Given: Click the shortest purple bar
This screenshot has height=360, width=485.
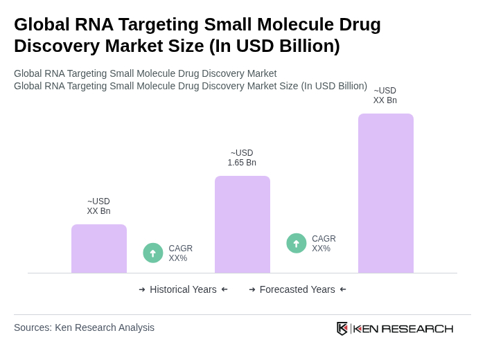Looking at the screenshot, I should [99, 249].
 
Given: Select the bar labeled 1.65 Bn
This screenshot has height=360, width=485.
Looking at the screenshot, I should [242, 224].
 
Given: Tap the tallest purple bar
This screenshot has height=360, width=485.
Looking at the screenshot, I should [386, 193].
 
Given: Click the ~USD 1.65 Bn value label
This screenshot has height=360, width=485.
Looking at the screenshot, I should [242, 158].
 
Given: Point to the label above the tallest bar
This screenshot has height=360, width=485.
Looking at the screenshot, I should [385, 96].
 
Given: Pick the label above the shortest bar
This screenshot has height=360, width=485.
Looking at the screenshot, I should [98, 206].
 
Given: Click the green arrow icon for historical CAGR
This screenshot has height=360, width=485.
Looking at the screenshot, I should [153, 253].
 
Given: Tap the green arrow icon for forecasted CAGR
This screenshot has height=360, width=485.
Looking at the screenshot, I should [297, 243].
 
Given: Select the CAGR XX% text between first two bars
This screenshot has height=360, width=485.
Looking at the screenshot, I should [181, 253].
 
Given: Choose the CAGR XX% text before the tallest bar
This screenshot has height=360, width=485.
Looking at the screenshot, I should [324, 244].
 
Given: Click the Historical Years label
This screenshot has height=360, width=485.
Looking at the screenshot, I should [183, 289].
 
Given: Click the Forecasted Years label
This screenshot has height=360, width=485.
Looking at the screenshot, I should [297, 289].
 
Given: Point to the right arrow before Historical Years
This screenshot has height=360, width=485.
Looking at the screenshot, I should [142, 289].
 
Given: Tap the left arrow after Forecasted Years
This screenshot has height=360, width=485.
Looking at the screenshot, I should [343, 289].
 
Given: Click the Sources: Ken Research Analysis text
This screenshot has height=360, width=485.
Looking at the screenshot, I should [84, 327].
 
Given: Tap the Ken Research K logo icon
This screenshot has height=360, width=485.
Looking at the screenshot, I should [342, 328].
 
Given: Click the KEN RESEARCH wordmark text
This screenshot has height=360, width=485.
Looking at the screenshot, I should [403, 328].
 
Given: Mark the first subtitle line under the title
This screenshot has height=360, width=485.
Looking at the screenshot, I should [145, 73].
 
